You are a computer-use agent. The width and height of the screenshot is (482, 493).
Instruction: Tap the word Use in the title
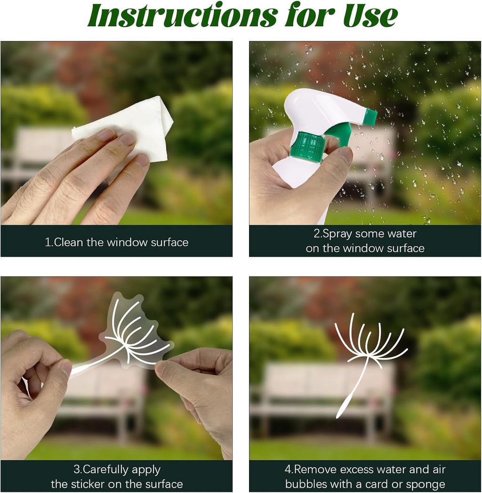click(x=370, y=16)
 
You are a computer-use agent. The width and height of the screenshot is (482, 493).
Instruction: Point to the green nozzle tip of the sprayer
click(x=370, y=116)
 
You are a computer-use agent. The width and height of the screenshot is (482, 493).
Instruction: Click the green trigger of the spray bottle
click(x=339, y=134)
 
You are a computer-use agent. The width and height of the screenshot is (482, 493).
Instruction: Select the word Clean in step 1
click(x=69, y=242)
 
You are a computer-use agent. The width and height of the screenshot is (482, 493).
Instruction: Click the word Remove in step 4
click(x=315, y=469)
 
